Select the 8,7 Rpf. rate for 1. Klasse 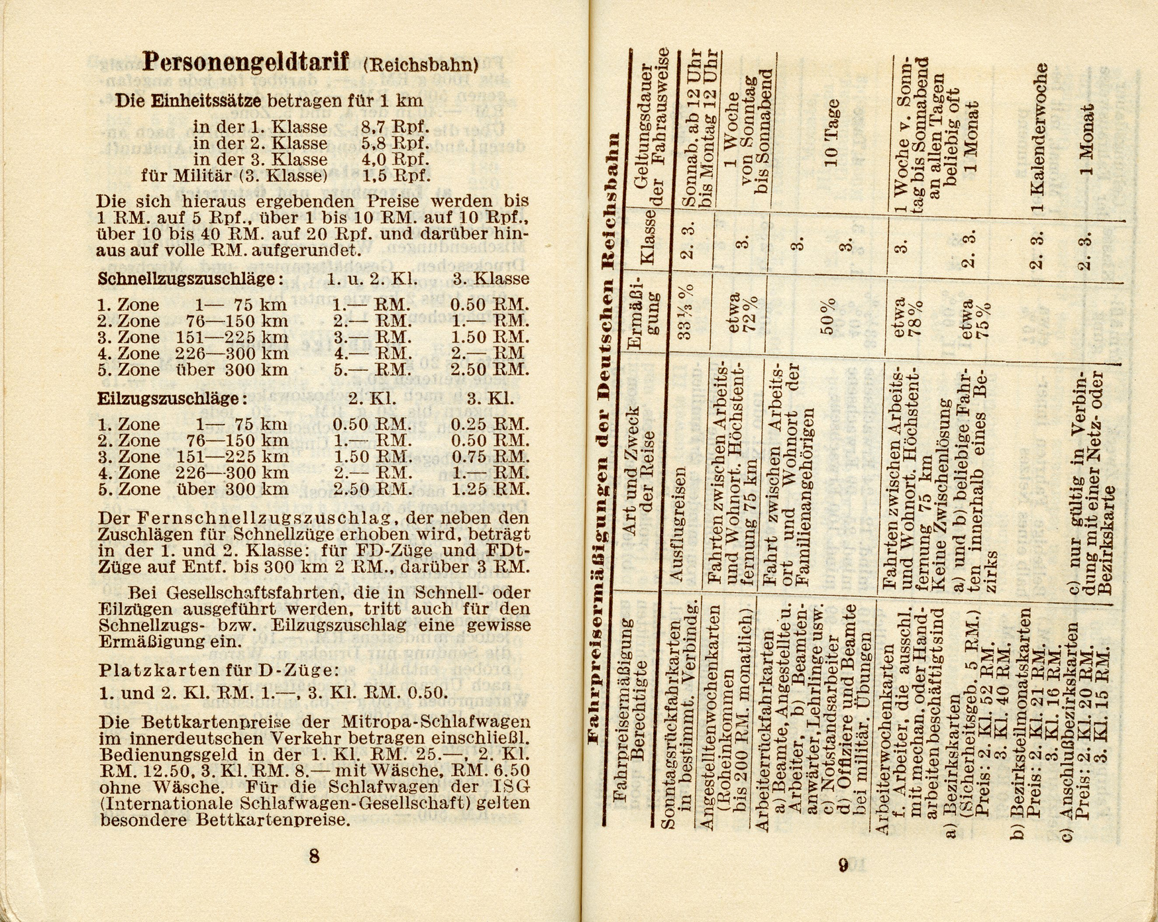pos(395,127)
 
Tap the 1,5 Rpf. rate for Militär pos(395,176)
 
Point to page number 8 pos(314,856)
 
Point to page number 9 pos(843,865)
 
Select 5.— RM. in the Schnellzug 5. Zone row pos(372,370)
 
